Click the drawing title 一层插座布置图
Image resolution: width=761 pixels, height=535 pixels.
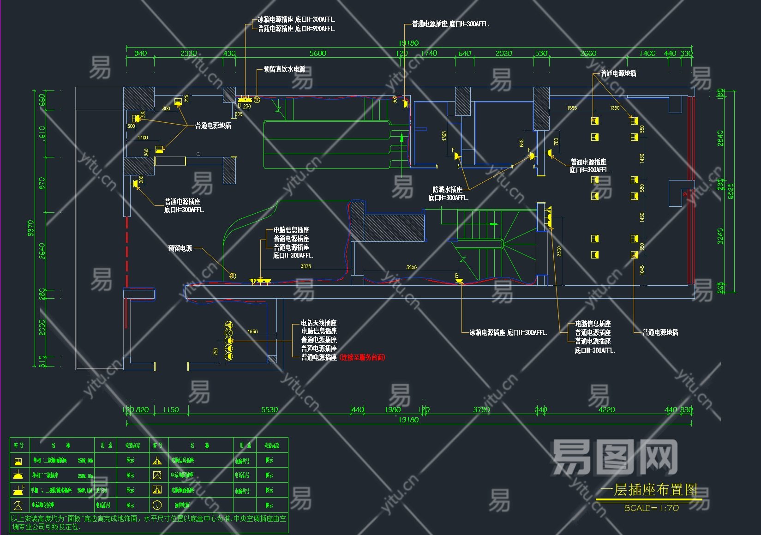click(648, 490)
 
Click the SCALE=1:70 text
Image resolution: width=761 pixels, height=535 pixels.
click(651, 508)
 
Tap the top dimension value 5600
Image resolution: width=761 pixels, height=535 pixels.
click(318, 54)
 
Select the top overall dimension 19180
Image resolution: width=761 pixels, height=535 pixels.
click(408, 43)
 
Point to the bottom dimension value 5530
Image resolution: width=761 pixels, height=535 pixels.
click(270, 409)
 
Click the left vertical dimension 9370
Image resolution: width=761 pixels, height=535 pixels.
click(30, 228)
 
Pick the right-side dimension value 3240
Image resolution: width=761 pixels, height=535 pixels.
click(720, 236)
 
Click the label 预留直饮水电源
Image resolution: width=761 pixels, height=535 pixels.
click(284, 69)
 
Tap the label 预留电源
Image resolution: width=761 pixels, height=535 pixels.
click(180, 248)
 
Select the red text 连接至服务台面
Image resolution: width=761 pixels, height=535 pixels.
click(362, 357)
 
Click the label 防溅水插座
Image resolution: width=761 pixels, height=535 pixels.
click(447, 189)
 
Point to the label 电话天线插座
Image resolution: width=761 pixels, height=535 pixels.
click(319, 323)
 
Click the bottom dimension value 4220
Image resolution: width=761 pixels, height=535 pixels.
click(606, 409)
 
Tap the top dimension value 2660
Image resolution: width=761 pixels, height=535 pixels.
click(588, 54)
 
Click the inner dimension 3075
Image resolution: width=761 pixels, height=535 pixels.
click(306, 266)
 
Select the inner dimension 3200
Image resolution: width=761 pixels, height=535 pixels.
click(411, 267)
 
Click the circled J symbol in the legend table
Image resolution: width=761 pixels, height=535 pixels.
click(157, 505)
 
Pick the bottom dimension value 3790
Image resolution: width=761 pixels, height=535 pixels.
click(481, 409)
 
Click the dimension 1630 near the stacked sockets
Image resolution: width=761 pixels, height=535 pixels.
click(252, 331)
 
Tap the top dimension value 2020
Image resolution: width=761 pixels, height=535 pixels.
click(503, 54)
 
